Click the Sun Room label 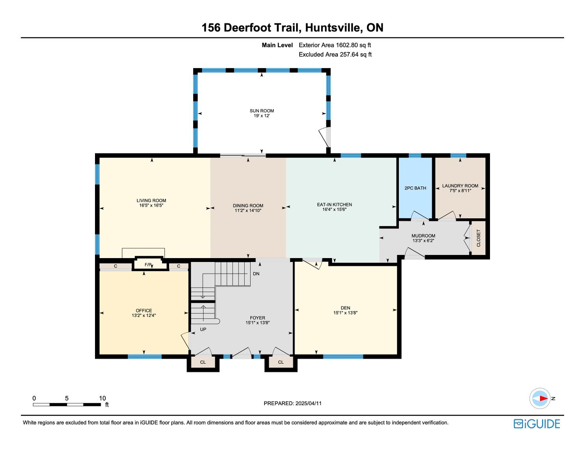[262, 111]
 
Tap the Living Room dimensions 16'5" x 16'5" [151, 206]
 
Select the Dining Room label [248, 205]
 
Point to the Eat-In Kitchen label [334, 205]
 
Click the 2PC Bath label [415, 188]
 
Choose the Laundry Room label [460, 186]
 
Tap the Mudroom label [423, 236]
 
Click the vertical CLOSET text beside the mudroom [479, 238]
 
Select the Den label [345, 308]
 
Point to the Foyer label [257, 318]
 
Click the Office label [144, 311]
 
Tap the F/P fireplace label [148, 265]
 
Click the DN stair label [256, 273]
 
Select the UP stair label [203, 329]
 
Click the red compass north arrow [543, 398]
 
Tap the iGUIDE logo [537, 424]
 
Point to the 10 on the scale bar [102, 398]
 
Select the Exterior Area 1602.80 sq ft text [335, 45]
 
